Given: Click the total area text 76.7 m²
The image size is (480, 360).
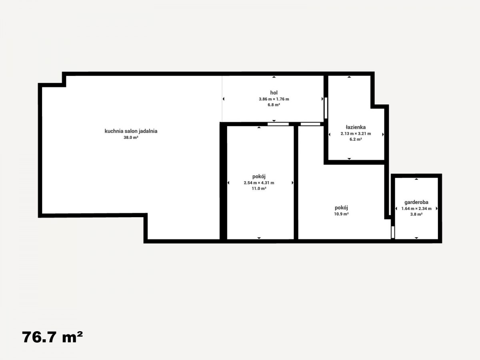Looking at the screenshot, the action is tap(52, 337).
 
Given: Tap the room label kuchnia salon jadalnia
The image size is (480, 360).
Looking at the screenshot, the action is tap(131, 131).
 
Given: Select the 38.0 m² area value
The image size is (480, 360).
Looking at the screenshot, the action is tap(131, 138).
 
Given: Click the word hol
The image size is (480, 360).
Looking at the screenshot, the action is tap(274, 93).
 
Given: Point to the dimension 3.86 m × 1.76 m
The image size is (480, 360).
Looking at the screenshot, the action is tap(274, 99).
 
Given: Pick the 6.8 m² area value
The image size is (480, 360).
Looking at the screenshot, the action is tap(274, 105).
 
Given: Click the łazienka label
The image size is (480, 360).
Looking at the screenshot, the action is tap(356, 127).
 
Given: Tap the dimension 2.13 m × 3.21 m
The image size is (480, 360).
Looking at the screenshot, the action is tap(356, 134).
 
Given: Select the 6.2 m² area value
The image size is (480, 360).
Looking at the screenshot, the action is tap(356, 139).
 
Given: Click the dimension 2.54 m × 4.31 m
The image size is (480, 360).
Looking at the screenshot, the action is tap(259, 183).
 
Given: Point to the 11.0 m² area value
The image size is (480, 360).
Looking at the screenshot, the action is tap(259, 188).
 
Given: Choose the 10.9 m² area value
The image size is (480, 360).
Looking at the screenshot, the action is tap(341, 214).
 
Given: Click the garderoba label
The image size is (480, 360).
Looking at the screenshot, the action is tap(416, 202).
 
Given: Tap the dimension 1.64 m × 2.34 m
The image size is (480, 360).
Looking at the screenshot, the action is tap(416, 208).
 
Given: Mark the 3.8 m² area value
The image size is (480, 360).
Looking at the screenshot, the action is tap(416, 214).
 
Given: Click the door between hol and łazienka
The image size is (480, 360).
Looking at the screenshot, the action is tap(326, 108).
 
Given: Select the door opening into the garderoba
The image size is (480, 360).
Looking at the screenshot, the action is tap(393, 232).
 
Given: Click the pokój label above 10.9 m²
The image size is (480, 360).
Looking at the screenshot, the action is tap(341, 208).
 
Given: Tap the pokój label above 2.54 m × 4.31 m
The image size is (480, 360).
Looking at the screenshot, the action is tap(259, 176).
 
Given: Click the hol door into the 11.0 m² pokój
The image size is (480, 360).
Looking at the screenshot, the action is tap(278, 124).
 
